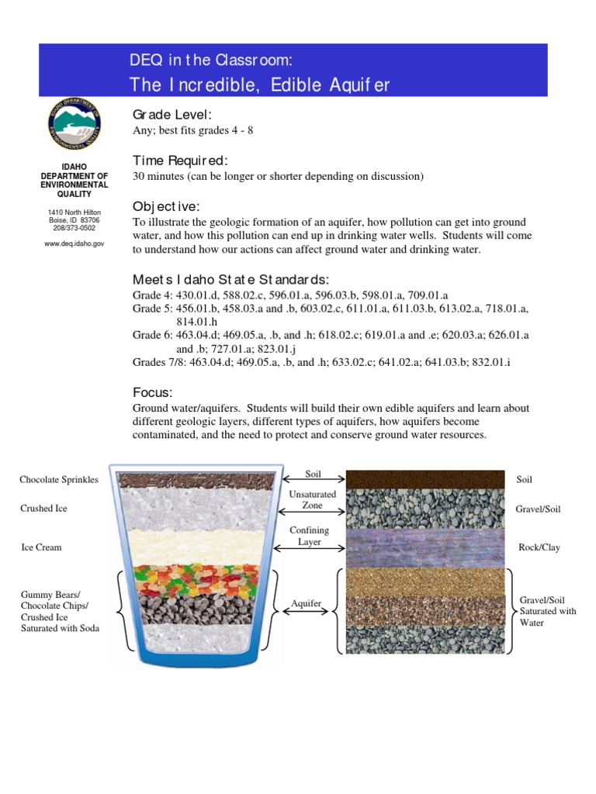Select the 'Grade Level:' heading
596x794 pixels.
point(172,116)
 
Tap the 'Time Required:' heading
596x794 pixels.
point(181,161)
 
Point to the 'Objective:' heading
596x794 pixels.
point(166,206)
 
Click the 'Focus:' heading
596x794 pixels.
point(153,392)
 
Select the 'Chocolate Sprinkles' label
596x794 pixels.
point(59,480)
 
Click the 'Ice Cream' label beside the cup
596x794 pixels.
point(41,547)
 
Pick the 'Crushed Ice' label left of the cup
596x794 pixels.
point(43,509)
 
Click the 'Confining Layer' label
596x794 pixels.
point(309,536)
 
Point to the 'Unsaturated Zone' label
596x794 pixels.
point(313,499)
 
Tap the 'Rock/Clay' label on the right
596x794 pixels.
point(539,547)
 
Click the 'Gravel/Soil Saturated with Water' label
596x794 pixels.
point(548,612)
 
